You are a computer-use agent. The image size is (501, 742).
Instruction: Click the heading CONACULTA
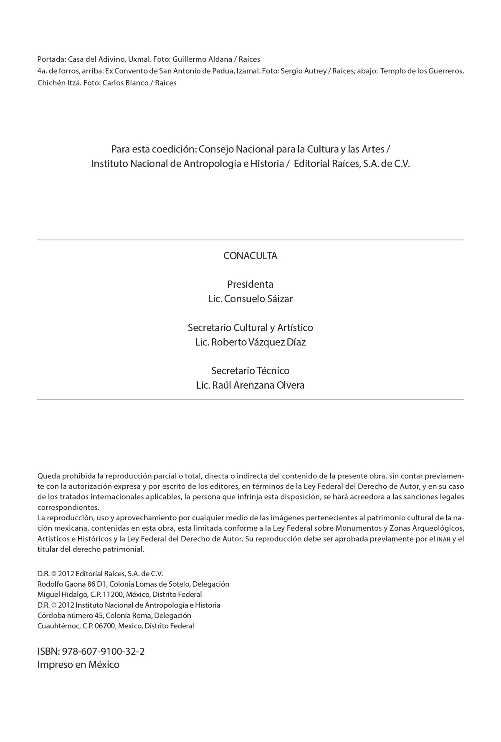tap(250, 256)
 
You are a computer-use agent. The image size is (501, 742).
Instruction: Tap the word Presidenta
tap(250, 284)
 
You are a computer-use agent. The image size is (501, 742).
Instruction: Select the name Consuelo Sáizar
tap(258, 299)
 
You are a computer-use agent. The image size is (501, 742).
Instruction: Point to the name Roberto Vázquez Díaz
tap(258, 342)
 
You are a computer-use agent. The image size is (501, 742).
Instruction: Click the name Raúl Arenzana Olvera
tap(258, 385)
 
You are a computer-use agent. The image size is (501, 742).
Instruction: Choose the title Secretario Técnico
tap(250, 371)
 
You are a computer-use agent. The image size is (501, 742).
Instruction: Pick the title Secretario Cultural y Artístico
tap(250, 328)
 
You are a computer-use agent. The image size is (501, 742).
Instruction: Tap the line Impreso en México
tap(78, 665)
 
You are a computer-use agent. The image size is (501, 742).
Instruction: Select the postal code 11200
tap(114, 595)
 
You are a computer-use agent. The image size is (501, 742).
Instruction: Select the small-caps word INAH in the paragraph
tap(443, 539)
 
